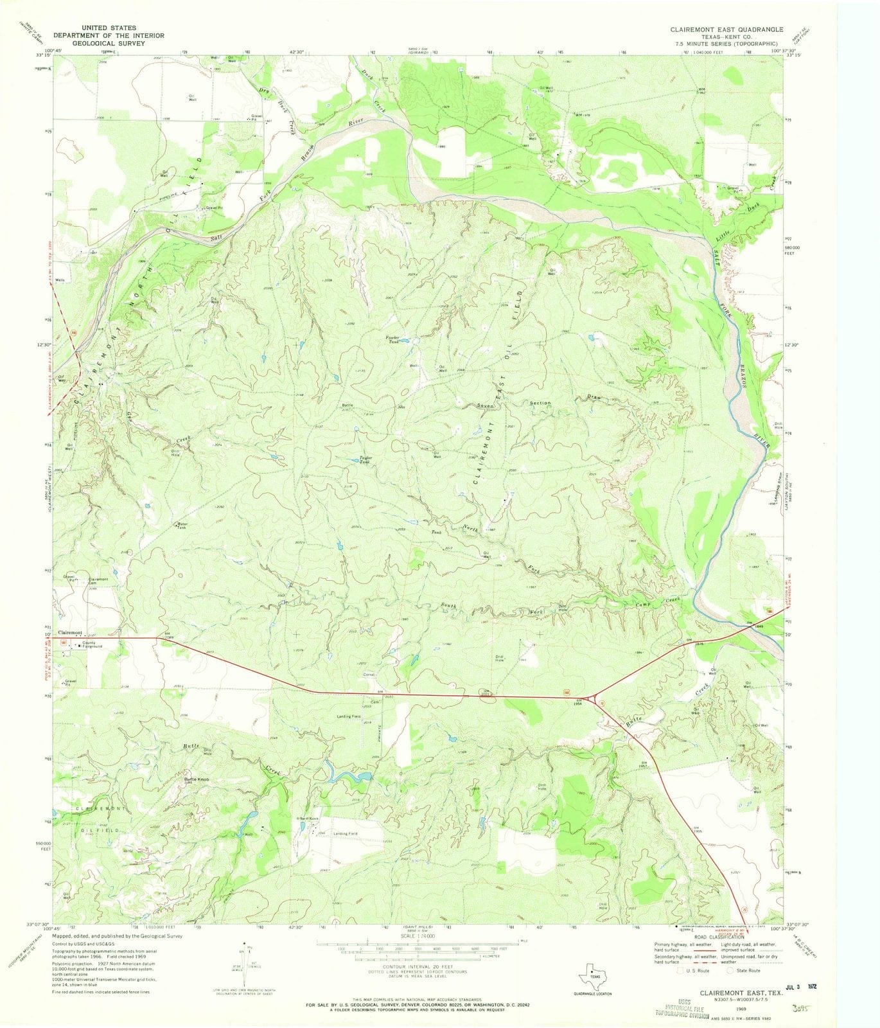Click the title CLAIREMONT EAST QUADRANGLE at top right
(x=726, y=30)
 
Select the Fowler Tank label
(x=392, y=339)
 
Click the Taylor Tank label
(x=364, y=460)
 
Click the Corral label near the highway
(x=369, y=675)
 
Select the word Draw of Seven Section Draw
(x=594, y=398)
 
